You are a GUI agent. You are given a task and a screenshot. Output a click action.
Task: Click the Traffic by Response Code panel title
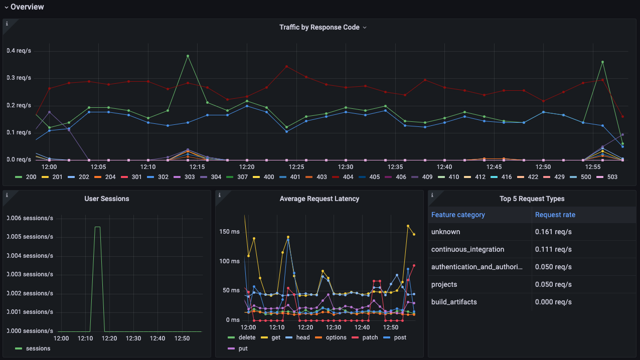(319, 27)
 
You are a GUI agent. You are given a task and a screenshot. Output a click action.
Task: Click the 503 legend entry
(607, 177)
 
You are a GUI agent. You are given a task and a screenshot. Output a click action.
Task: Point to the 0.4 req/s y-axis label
(19, 51)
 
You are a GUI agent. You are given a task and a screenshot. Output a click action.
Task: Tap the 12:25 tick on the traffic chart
(296, 167)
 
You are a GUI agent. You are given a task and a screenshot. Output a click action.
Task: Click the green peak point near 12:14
(188, 56)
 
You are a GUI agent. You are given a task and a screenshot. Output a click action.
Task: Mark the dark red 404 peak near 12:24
(286, 66)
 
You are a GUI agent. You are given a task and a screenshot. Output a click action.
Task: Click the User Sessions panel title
(106, 199)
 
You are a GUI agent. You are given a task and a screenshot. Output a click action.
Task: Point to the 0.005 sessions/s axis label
(30, 237)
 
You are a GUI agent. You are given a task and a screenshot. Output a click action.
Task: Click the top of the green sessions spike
(97, 227)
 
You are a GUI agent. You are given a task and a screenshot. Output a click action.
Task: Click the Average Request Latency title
(319, 199)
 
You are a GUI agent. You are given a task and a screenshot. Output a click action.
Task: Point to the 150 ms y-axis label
(229, 232)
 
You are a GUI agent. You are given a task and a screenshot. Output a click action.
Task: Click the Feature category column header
(458, 215)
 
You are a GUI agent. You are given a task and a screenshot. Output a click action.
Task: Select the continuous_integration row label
(467, 249)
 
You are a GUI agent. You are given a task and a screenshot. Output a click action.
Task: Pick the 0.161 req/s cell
(553, 232)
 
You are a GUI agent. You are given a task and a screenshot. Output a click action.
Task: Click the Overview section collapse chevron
(7, 7)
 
